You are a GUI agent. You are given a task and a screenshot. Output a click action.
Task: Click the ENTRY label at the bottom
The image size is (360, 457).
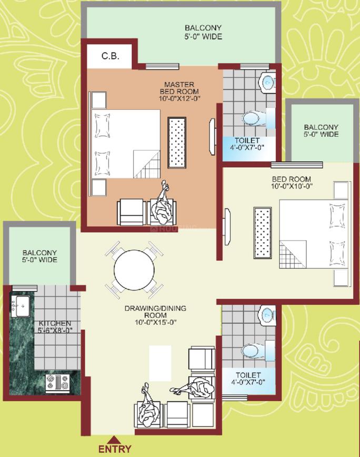(115, 449)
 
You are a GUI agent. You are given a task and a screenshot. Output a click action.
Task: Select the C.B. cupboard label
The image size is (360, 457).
(111, 56)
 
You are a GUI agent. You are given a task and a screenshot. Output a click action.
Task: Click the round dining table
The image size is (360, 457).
(134, 269)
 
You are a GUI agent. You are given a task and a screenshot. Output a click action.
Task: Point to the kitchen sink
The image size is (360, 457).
(20, 306)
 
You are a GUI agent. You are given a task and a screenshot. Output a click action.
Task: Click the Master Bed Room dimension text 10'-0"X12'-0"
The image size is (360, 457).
(179, 98)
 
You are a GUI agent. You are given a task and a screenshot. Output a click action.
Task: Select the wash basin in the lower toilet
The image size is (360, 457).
(267, 316)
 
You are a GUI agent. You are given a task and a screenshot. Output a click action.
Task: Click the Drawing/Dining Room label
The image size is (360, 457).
(155, 311)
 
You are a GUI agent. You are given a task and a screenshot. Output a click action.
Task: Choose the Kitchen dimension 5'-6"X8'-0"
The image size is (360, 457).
(55, 330)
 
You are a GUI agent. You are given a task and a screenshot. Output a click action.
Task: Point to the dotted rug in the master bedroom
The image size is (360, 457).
(177, 143)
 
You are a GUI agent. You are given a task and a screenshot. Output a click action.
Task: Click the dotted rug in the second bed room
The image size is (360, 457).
(263, 232)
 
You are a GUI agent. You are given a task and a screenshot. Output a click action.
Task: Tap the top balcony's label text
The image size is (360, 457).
(203, 32)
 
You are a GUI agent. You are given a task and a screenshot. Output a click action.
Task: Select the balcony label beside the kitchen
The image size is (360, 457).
(39, 256)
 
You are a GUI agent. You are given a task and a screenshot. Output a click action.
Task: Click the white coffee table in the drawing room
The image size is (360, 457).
(160, 363)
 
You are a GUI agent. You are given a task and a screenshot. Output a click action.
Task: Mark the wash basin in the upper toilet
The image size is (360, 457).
(267, 83)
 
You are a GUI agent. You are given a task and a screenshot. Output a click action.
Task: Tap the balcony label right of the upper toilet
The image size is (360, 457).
(321, 130)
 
